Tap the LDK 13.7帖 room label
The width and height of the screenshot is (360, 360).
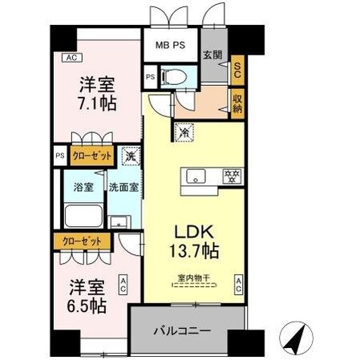(x=192, y=239)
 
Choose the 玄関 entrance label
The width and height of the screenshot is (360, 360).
(x=212, y=55)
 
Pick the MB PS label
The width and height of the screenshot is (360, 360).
(x=169, y=45)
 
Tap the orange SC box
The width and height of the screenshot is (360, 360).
(x=237, y=70)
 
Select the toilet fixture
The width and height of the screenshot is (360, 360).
(x=173, y=78)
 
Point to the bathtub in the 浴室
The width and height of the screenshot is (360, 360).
(x=83, y=216)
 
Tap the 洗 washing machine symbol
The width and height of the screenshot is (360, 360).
(x=130, y=156)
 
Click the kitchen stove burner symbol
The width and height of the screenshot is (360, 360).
(x=233, y=175)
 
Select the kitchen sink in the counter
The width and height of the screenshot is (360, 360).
(x=196, y=175)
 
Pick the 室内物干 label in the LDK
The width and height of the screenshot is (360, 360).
(x=192, y=279)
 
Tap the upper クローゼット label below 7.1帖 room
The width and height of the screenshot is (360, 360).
(x=91, y=156)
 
